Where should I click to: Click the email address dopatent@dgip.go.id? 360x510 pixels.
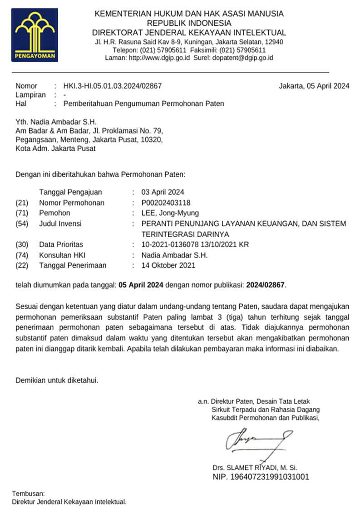tap(243, 58)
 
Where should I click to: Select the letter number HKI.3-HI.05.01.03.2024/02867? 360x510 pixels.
tap(113, 86)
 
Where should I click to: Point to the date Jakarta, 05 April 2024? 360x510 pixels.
tap(314, 86)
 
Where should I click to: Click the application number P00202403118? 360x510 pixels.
tap(166, 202)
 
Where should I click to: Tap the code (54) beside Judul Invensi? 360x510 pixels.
tap(22, 223)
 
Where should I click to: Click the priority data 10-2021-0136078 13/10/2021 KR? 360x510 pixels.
tap(195, 244)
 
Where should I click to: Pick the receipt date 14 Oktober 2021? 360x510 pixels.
tap(168, 265)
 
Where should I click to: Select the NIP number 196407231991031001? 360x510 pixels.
tap(261, 476)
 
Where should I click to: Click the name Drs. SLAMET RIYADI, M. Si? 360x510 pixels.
tap(255, 467)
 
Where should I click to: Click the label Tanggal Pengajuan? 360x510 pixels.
tap(70, 192)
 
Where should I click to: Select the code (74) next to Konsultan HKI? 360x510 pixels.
tap(22, 255)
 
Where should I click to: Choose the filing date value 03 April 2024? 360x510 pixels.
tap(163, 192)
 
